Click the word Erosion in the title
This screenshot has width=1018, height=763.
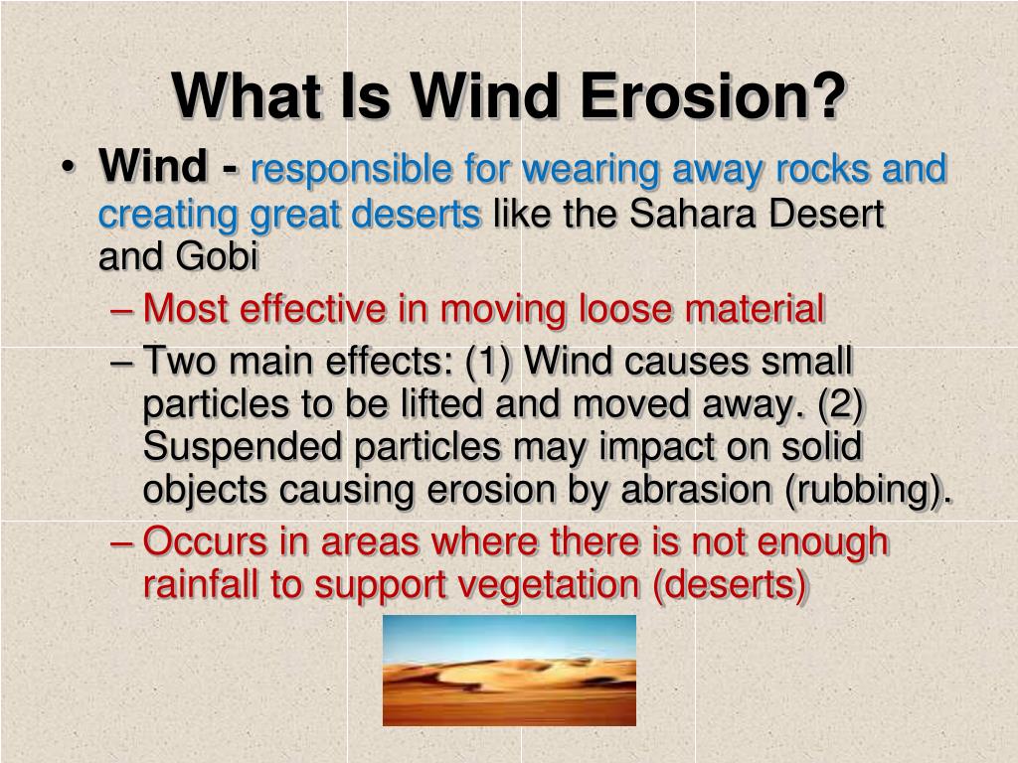[x=712, y=95]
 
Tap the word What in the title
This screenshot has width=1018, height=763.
[x=247, y=95]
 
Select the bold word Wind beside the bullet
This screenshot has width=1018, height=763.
[x=153, y=166]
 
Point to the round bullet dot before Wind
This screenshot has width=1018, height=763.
[x=67, y=167]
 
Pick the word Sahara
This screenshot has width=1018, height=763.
[x=693, y=213]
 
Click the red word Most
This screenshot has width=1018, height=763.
[x=185, y=308]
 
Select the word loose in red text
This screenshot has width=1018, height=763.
[x=625, y=308]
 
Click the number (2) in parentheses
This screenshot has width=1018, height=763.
[x=841, y=403]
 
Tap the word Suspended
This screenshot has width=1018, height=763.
[x=243, y=447]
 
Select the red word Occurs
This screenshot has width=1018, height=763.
[x=205, y=541]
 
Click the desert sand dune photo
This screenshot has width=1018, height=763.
[x=509, y=671]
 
